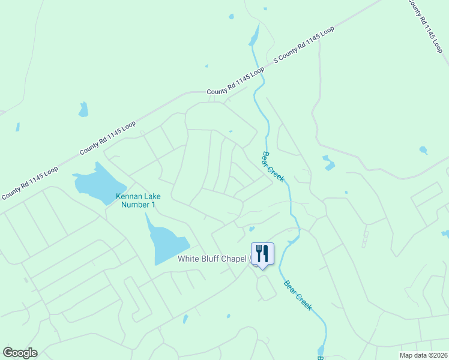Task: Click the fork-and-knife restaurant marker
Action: click(262, 253)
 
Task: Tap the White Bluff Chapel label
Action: click(213, 259)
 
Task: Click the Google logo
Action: click(20, 353)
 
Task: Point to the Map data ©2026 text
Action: click(422, 355)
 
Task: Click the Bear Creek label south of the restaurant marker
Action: click(298, 295)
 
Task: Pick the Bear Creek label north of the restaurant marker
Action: click(273, 166)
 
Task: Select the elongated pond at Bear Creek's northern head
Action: click(255, 35)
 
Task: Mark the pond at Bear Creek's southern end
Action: click(321, 350)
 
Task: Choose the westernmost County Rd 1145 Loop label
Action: click(29, 183)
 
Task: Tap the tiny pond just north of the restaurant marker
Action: click(252, 228)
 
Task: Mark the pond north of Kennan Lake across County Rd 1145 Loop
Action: click(83, 110)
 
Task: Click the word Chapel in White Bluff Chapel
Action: click(232, 259)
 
